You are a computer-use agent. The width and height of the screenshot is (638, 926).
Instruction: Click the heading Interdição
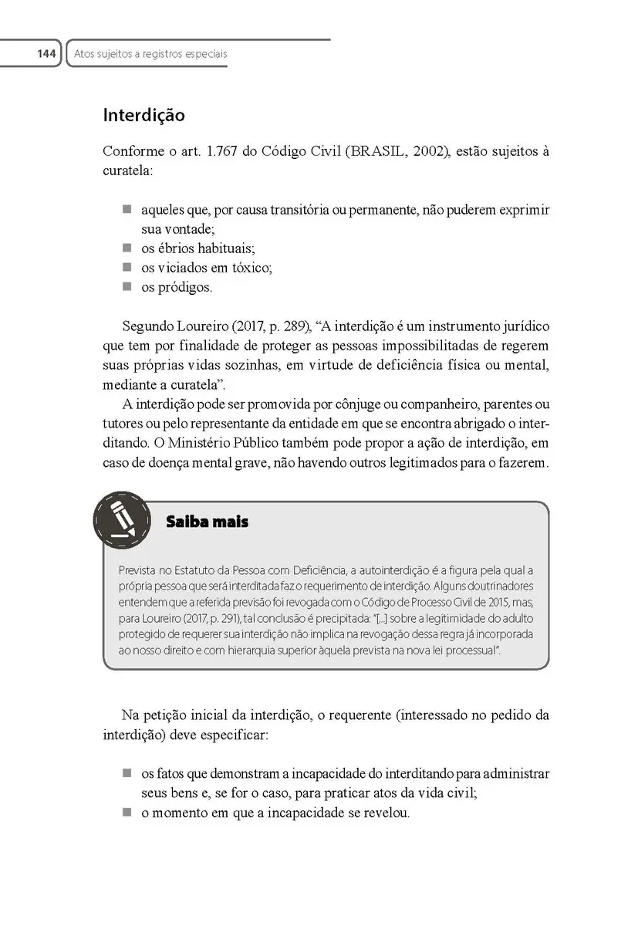(144, 116)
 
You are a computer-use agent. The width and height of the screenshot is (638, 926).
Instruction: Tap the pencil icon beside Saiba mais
(121, 520)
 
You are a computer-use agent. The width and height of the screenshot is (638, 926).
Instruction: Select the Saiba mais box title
(207, 522)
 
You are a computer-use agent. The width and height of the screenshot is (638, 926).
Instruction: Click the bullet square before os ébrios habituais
(127, 248)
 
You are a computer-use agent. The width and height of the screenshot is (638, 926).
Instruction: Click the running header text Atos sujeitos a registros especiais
(150, 55)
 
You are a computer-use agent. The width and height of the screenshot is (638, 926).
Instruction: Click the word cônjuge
(350, 404)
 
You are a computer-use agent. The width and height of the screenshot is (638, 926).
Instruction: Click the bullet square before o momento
(127, 813)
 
